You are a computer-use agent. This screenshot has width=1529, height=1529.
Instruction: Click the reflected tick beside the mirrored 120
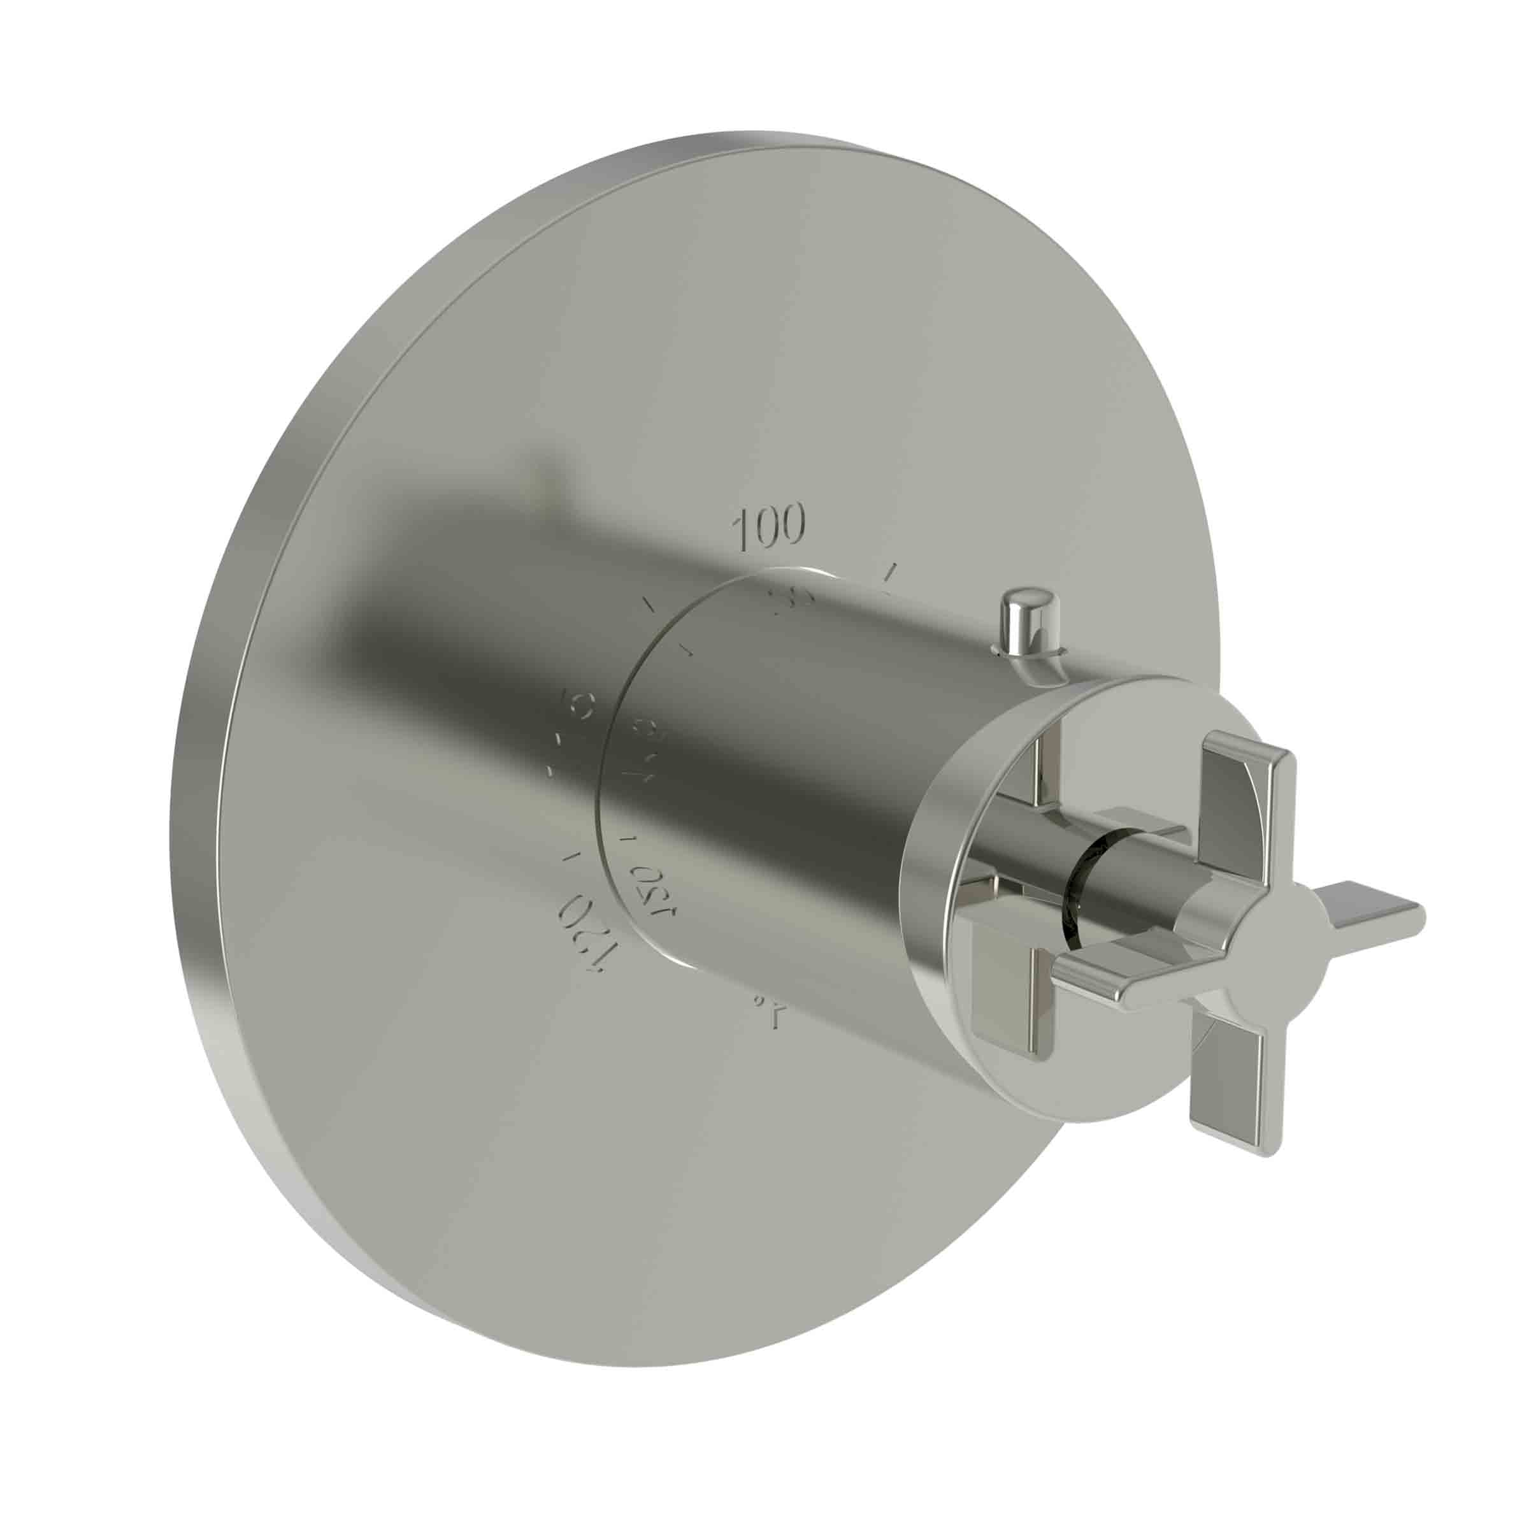point(630,837)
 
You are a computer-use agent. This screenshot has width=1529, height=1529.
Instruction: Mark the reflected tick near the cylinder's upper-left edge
point(686,650)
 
